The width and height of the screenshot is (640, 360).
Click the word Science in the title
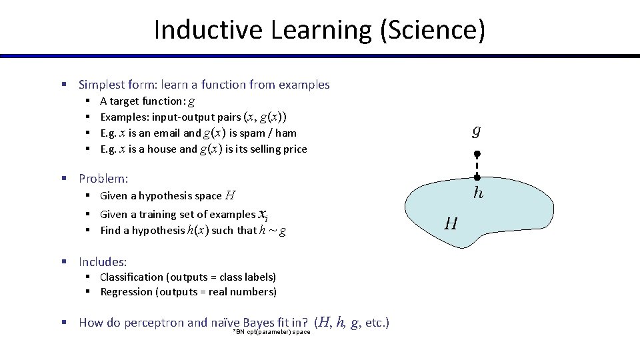[436, 30]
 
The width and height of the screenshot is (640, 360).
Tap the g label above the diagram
[476, 131]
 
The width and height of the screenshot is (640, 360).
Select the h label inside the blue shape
[478, 193]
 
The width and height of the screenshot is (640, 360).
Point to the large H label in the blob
[451, 224]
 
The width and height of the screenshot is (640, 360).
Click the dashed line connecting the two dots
[477, 165]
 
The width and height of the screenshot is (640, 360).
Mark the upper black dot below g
[477, 154]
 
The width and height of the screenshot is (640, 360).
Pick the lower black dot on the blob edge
[477, 177]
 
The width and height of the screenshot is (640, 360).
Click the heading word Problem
[103, 179]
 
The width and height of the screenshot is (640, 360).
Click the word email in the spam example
[167, 133]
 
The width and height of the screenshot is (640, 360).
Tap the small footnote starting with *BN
[271, 332]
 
